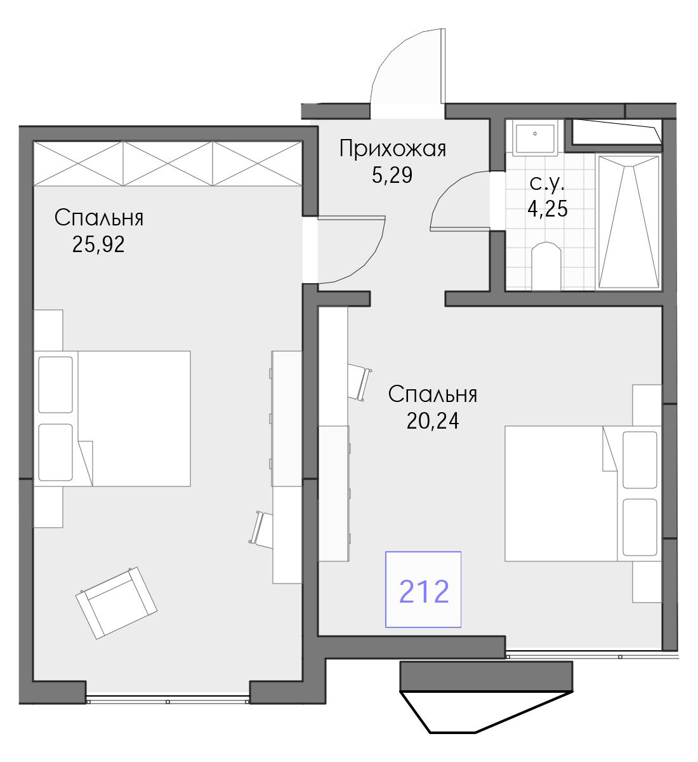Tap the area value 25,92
pos(98,244)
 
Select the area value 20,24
pos(433,421)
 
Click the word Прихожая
pos(392,149)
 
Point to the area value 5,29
pos(392,175)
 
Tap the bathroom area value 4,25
pos(547,208)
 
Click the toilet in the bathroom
pos(546,266)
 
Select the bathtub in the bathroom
pos(628,222)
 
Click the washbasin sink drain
pos(535,134)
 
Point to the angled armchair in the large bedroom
pos(117,603)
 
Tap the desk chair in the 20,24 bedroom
pos(360,382)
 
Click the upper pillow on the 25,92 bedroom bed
pos(55,385)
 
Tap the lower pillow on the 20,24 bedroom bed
pos(640,527)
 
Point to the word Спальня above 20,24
pos(433,395)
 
